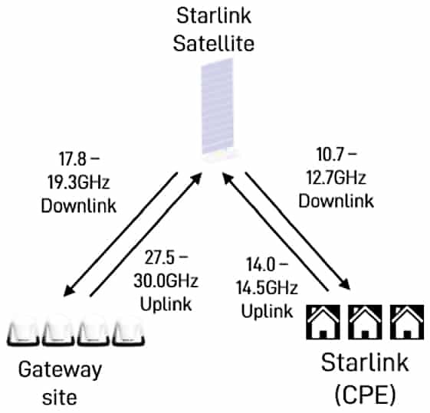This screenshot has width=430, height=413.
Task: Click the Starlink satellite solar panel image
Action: [x=218, y=107]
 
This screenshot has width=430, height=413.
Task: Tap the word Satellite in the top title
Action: [x=214, y=44]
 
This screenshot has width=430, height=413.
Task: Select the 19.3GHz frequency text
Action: [x=79, y=182]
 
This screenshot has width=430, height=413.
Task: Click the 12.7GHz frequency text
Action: [x=336, y=178]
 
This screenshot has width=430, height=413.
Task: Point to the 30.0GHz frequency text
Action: [x=166, y=280]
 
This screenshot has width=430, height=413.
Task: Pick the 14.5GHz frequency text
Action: [x=267, y=288]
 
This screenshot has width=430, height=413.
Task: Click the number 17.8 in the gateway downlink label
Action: [x=72, y=159]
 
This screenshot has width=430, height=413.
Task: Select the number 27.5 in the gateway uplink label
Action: [x=159, y=257]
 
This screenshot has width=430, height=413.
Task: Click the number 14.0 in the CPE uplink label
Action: [x=261, y=265]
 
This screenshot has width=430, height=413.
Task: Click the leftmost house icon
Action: [x=323, y=322]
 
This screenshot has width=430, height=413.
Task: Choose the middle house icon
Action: [x=365, y=322]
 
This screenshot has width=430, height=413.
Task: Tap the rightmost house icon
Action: [x=407, y=322]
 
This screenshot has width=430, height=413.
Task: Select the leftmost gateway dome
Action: [x=23, y=331]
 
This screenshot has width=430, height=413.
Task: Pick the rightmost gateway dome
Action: [x=128, y=331]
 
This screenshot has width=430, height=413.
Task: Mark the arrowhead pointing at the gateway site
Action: [x=69, y=290]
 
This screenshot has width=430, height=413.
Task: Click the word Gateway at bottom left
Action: [x=60, y=370]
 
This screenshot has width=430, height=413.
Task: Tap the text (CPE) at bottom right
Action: [x=366, y=395]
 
